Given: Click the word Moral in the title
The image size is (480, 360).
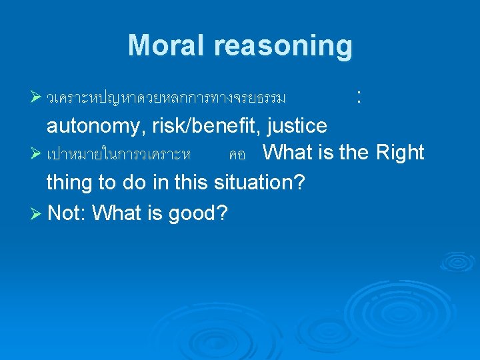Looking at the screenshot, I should (x=167, y=45).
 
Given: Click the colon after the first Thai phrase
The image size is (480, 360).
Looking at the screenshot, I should (x=359, y=97).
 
